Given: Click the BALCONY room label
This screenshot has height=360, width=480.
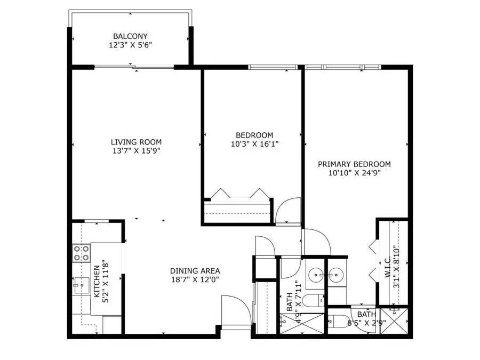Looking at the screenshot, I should point(130,36).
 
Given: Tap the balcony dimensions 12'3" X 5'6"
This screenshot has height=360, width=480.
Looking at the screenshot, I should point(130,46).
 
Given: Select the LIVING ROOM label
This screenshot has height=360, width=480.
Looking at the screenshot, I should point(136,142).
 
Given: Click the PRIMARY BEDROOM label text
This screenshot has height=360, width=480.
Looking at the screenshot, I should point(354,164).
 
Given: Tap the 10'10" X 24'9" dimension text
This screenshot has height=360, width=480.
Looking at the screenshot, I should point(354,173).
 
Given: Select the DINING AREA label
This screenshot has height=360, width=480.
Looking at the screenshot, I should point(195,270).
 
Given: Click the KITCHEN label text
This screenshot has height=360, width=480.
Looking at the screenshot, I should point(97,281).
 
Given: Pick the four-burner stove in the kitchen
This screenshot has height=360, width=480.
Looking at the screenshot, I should point(81,253).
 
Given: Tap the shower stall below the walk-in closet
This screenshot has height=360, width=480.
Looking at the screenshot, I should point(395,320).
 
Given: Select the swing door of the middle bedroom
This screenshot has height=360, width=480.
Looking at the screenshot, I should point(289,211).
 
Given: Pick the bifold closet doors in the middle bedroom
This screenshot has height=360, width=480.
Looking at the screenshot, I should point(238,194).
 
